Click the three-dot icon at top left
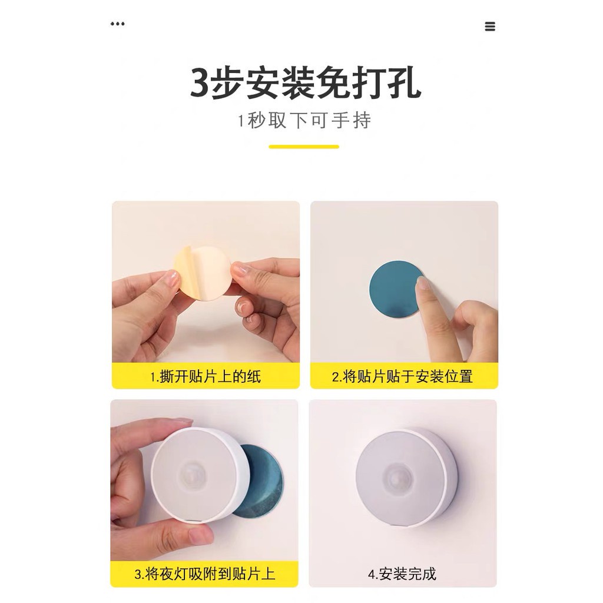[117, 24]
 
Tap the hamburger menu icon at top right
[490, 26]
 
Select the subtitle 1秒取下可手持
[304, 120]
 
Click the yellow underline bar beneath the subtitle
[304, 147]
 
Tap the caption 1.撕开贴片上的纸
[206, 376]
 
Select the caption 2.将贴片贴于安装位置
[402, 376]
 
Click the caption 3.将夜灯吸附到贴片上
[204, 574]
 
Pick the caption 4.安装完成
[402, 574]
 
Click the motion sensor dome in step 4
[400, 477]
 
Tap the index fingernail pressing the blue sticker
[423, 283]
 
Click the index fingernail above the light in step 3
[181, 422]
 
